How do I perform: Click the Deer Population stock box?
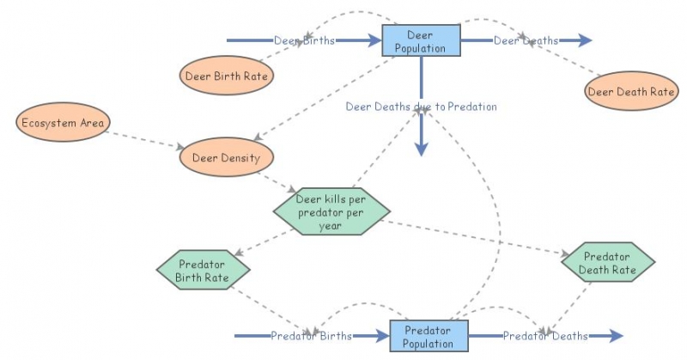point(421,40)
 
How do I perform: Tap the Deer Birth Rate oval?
point(227,76)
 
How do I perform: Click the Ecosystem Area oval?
point(64,123)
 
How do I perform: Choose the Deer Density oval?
point(226,157)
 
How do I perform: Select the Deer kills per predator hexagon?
point(331,212)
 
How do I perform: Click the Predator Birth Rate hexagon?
point(204,270)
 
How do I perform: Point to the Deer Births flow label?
point(304,40)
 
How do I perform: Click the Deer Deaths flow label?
point(526,40)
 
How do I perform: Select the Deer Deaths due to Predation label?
point(421,107)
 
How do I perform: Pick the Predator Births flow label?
point(311,336)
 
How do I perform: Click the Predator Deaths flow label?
point(545,336)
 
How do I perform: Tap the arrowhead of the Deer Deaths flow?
point(585,40)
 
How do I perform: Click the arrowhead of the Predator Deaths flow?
point(615,336)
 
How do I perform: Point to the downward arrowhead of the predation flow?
point(421,149)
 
